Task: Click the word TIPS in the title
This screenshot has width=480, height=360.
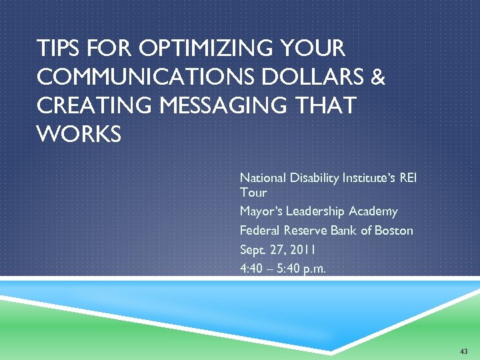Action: (56, 49)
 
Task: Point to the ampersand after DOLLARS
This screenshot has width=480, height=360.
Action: (378, 77)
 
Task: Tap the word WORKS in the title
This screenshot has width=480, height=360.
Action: (79, 134)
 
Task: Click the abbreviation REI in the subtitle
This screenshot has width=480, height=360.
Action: (413, 178)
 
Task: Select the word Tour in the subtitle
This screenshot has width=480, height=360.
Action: (253, 193)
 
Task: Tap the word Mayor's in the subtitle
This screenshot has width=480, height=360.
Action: (260, 211)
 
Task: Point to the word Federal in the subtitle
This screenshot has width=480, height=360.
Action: (259, 231)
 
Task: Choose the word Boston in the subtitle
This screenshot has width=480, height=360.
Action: (394, 231)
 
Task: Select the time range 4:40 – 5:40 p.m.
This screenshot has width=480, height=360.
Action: (283, 269)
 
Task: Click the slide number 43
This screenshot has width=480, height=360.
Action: (464, 351)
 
